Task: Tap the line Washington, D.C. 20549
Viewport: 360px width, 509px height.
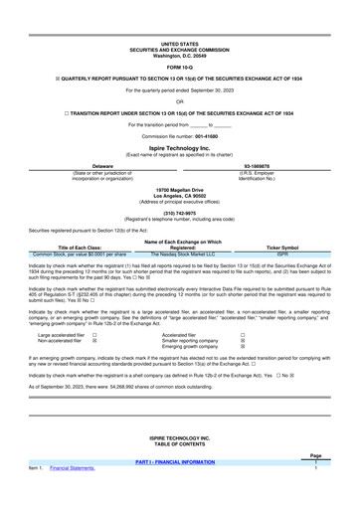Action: [179, 55]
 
